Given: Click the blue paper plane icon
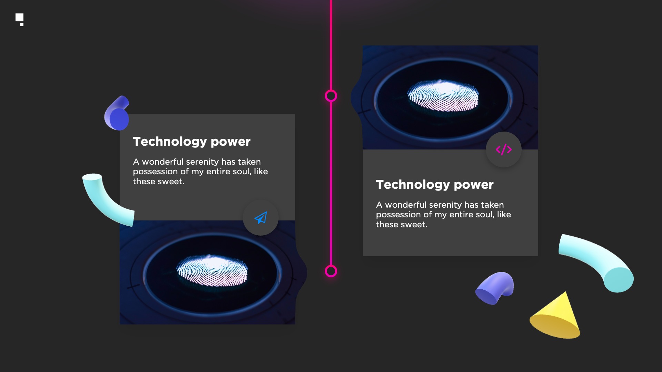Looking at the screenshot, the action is (x=261, y=218).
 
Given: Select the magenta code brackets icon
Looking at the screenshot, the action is (x=504, y=149).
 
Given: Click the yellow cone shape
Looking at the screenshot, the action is (x=556, y=317).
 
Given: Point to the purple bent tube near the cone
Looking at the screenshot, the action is (x=495, y=288).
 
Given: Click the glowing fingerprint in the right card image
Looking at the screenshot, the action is (x=443, y=96).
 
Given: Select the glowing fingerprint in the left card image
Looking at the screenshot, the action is (x=212, y=271).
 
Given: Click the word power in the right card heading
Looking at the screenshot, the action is (x=474, y=185).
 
